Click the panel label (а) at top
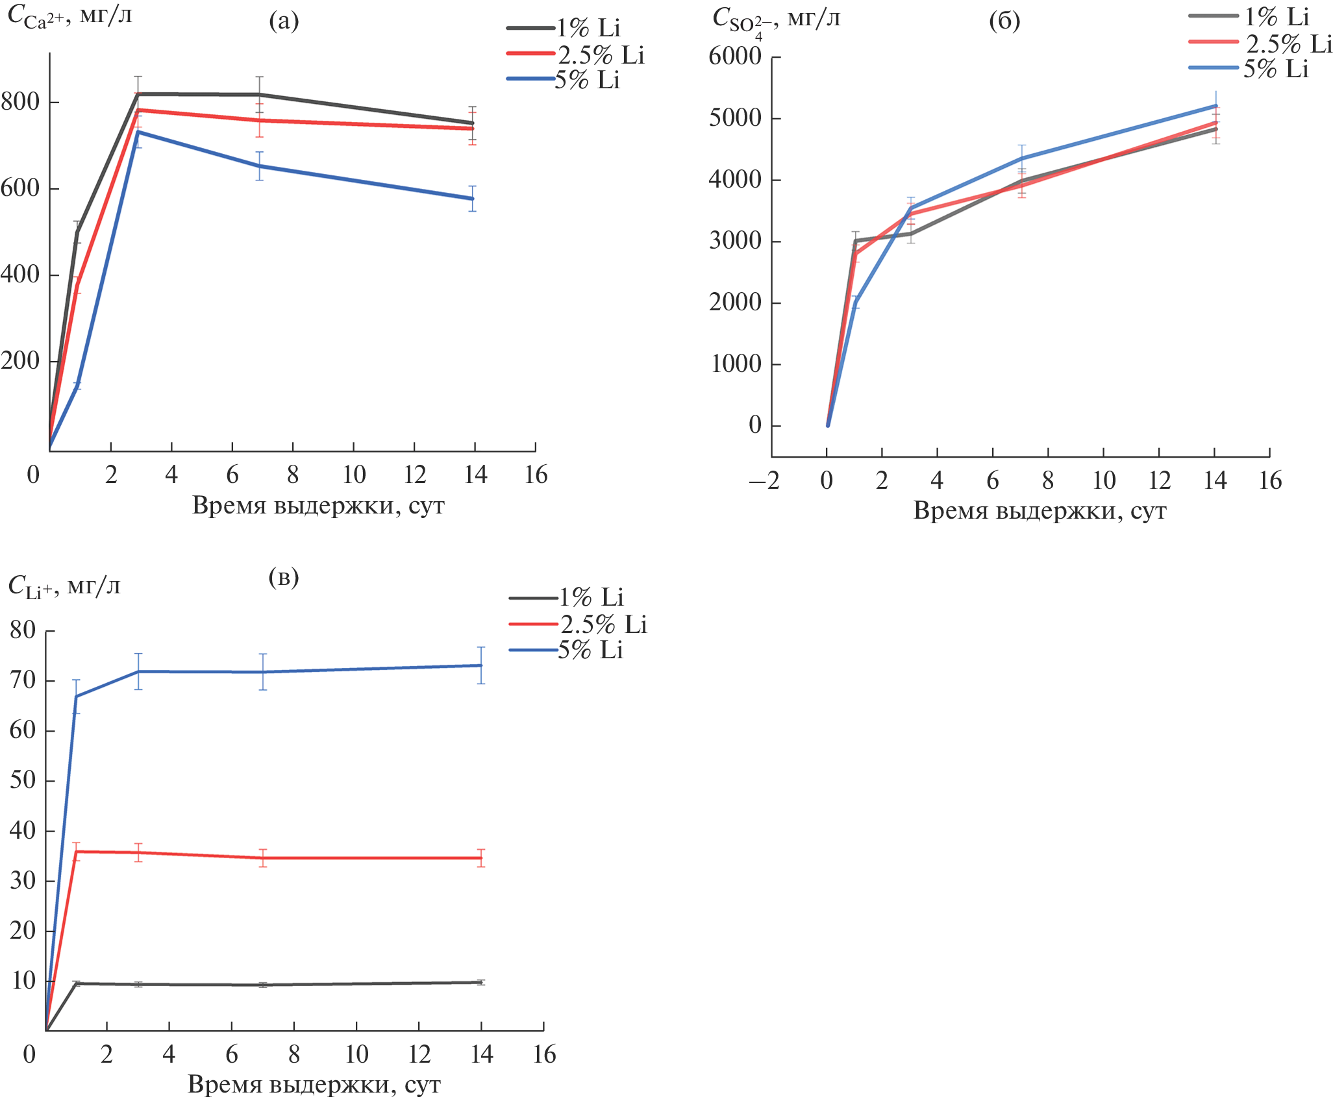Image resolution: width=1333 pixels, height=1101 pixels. pos(284,21)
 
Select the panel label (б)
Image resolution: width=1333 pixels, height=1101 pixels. pos(1004,21)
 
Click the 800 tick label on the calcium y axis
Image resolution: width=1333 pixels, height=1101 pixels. pos(20,102)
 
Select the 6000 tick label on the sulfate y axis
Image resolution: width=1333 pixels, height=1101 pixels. pos(734,56)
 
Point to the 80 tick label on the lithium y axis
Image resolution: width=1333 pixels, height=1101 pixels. pos(23,630)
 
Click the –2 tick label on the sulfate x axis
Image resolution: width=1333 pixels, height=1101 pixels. pos(764,481)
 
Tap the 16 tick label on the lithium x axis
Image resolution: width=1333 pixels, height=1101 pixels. pos(544,1055)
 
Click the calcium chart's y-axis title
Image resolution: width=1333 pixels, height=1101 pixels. pos(69,17)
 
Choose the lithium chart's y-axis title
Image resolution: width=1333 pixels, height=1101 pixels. pos(64,587)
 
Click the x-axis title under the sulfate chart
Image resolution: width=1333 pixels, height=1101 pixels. pos(1040,511)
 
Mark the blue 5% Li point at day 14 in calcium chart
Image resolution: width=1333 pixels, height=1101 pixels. pos(473,199)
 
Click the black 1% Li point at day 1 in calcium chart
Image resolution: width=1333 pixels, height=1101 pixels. pos(77,232)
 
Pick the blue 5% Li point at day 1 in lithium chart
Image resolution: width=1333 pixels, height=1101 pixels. pos(76,697)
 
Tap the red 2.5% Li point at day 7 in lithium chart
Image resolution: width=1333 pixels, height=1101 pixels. pos(263,858)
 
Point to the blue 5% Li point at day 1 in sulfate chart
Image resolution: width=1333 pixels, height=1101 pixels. pos(856,302)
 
